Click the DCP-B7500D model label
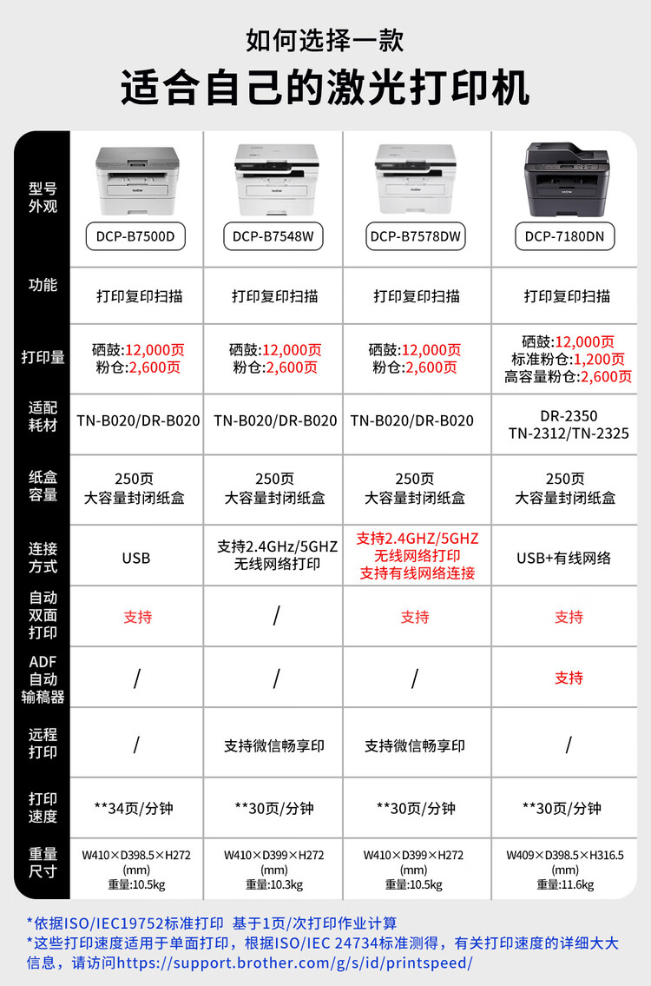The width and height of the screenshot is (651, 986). coord(136,236)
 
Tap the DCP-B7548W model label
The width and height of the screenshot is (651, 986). coord(273,236)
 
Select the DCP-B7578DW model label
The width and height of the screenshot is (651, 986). coord(416,236)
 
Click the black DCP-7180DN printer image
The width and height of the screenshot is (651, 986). coord(567,180)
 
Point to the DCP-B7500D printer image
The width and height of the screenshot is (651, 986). coord(136,181)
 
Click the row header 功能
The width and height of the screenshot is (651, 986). coord(42,285)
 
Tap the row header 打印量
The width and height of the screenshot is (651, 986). coord(42,357)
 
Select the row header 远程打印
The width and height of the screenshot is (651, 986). coord(42,743)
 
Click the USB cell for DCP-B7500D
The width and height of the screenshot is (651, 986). coord(136,558)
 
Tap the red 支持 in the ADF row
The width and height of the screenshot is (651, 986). coord(569,678)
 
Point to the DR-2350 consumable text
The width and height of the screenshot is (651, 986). coord(569,415)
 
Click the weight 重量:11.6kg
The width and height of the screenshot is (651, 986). coord(565,884)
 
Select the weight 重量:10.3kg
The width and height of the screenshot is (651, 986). coord(274,884)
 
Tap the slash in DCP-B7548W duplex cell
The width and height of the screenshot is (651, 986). coord(276,616)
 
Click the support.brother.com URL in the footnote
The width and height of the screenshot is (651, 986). coord(295,963)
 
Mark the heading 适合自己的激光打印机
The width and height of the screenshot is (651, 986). coord(325,89)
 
